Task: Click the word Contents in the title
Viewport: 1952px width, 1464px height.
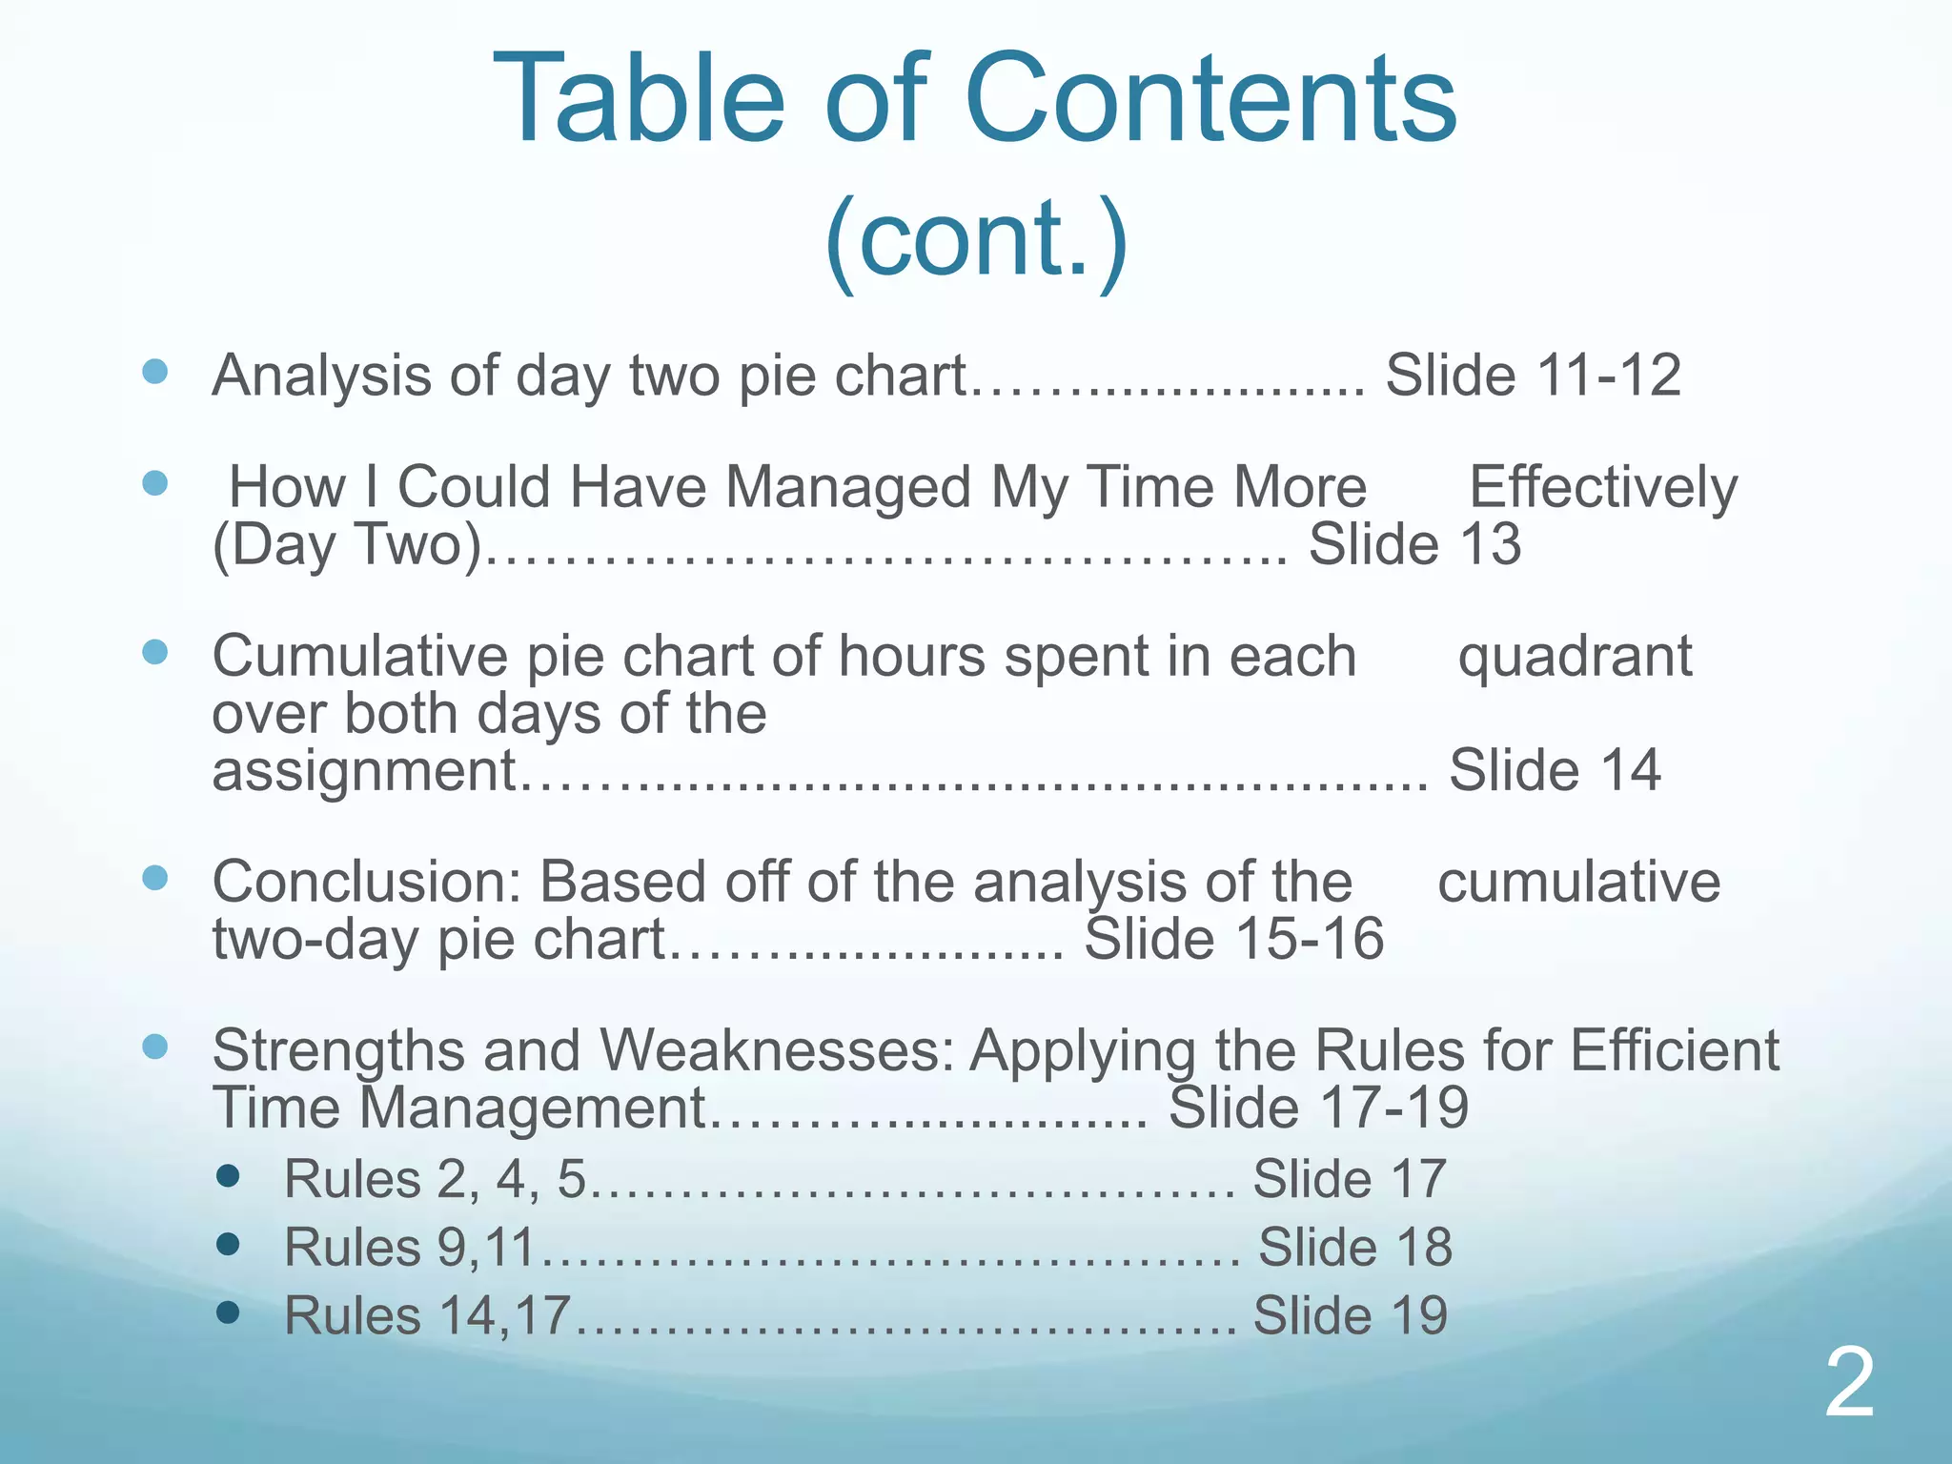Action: point(1210,99)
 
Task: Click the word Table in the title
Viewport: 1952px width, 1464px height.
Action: point(639,99)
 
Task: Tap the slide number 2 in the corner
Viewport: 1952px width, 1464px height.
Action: point(1850,1384)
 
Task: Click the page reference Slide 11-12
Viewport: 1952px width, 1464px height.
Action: point(1533,375)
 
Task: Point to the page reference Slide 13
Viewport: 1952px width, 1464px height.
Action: point(1414,544)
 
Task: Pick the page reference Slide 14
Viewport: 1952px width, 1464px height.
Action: point(1555,769)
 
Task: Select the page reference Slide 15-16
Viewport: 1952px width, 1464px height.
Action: point(1233,939)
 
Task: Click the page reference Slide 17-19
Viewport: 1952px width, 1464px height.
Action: point(1318,1108)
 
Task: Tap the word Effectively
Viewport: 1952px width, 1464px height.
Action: point(1603,487)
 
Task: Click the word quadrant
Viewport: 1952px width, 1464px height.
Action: point(1575,656)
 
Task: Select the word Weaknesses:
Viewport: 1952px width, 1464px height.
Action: point(777,1050)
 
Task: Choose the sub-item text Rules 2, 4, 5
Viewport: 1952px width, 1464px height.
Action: point(435,1179)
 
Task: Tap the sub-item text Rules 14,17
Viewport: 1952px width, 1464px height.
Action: point(427,1315)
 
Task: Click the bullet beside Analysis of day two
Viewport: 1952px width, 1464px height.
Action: point(154,371)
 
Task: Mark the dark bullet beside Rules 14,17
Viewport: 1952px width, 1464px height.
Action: point(228,1313)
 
